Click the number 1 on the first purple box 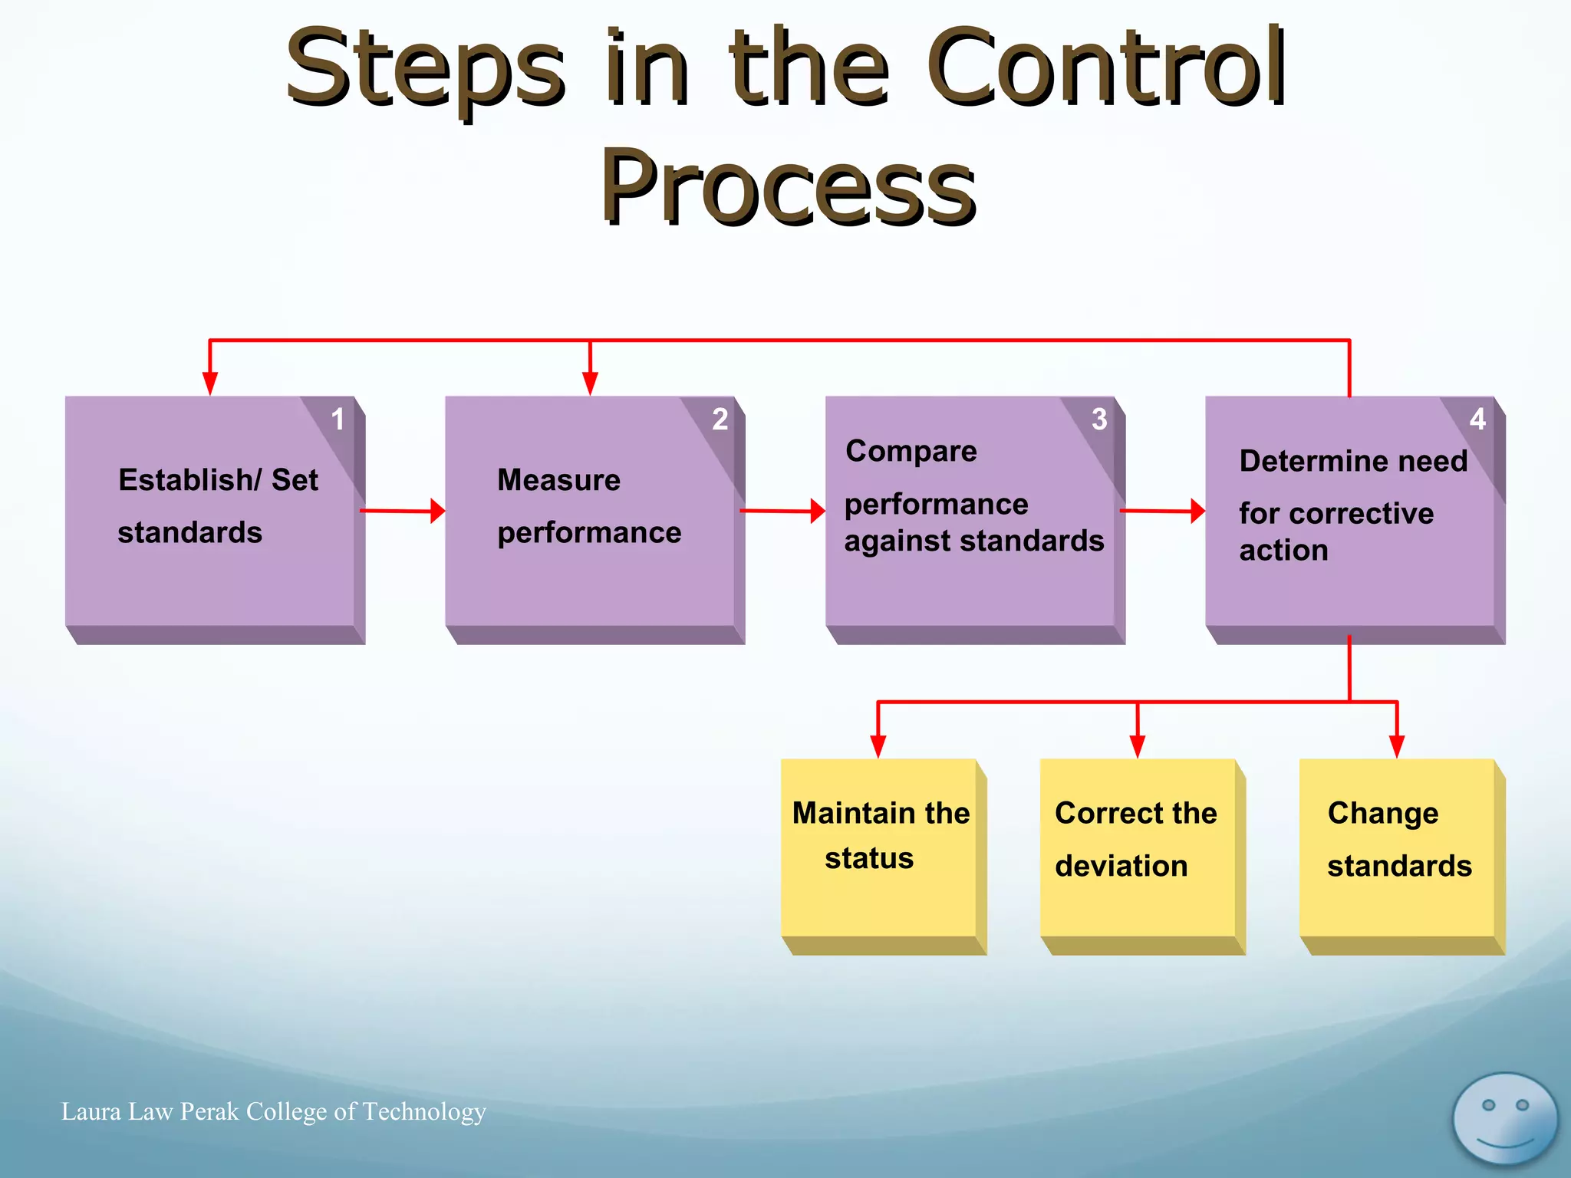pos(338,420)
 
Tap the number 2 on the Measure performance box pos(720,420)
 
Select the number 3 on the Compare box pos(1099,420)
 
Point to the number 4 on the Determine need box pos(1477,420)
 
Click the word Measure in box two pos(558,480)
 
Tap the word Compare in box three pos(911,451)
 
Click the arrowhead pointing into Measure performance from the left pos(437,511)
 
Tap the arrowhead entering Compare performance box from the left pos(818,511)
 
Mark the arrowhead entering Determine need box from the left pos(1197,511)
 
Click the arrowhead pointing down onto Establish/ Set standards pos(210,383)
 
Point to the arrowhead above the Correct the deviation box pos(1138,746)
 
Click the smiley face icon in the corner pos(1505,1120)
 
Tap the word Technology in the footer pos(423,1112)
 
